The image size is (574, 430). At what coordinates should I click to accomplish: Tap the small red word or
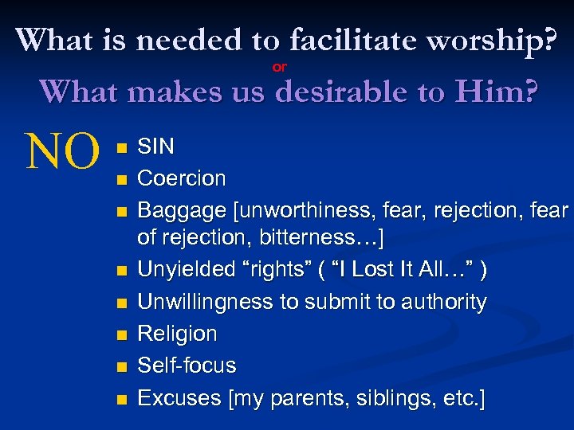280,68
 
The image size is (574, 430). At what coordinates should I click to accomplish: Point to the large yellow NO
63,150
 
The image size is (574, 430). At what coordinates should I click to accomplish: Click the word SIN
156,147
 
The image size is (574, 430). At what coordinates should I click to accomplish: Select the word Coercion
182,178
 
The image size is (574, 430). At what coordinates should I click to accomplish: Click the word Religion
177,334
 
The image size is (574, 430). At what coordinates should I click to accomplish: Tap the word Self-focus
187,365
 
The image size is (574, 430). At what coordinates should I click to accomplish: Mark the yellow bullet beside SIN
120,148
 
